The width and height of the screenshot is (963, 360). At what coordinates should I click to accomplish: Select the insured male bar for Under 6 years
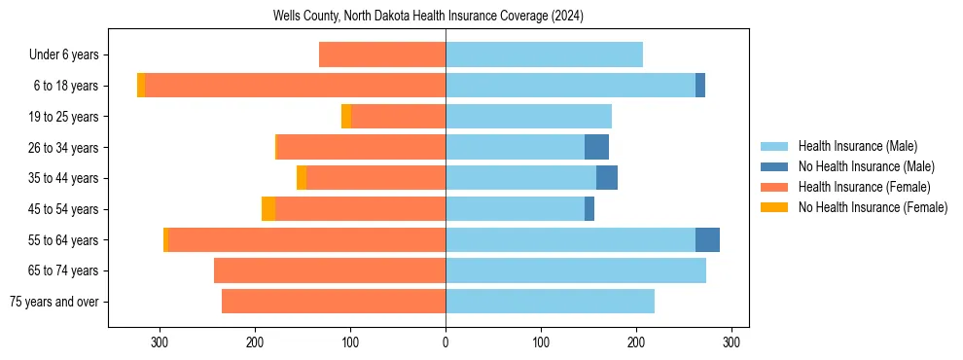click(544, 55)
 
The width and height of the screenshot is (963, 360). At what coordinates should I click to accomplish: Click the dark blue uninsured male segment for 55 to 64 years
click(707, 240)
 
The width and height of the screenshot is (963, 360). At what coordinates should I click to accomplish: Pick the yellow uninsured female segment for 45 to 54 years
click(268, 209)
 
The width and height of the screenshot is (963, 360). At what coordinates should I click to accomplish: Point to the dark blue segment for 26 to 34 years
click(596, 148)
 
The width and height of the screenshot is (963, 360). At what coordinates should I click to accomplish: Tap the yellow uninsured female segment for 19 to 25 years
click(346, 117)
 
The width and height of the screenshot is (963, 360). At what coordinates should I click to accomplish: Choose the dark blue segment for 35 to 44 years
click(607, 178)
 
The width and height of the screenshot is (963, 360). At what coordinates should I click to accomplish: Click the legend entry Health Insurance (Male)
click(857, 146)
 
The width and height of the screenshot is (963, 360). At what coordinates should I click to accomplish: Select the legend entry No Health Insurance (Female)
click(873, 207)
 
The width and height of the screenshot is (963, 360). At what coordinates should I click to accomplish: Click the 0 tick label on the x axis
click(446, 342)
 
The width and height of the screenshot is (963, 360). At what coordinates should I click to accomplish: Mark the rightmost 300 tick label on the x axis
click(732, 342)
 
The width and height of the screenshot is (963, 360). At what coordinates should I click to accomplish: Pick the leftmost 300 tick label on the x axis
click(160, 342)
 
